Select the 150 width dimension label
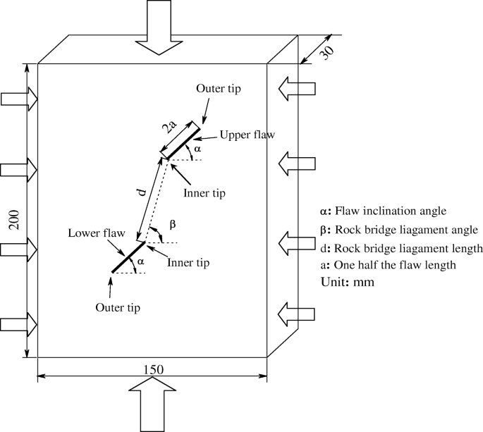tap(152, 369)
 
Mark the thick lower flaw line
tap(128, 257)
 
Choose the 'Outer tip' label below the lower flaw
tap(117, 307)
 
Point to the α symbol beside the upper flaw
tap(198, 149)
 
